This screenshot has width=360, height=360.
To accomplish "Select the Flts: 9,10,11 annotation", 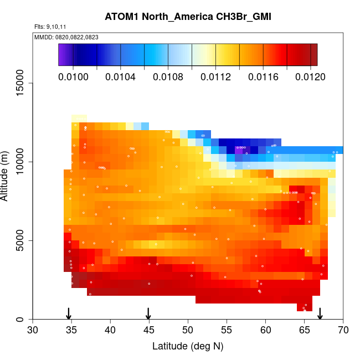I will coord(50,27).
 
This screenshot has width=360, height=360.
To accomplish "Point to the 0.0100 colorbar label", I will coord(74,76).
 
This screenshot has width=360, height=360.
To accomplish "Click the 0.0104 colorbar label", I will coord(121,76).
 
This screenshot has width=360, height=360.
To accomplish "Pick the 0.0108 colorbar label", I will coord(168,76).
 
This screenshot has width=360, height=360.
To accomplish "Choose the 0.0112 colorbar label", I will coord(215,76).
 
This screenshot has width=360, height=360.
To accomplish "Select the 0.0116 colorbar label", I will coord(263,76).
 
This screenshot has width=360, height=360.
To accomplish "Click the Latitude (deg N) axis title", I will coord(188,346).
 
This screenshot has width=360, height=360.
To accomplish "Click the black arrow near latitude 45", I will coord(148,313).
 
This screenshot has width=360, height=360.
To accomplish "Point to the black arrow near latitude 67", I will coord(320,313).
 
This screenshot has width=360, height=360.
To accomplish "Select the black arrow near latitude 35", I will coord(68,313).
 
